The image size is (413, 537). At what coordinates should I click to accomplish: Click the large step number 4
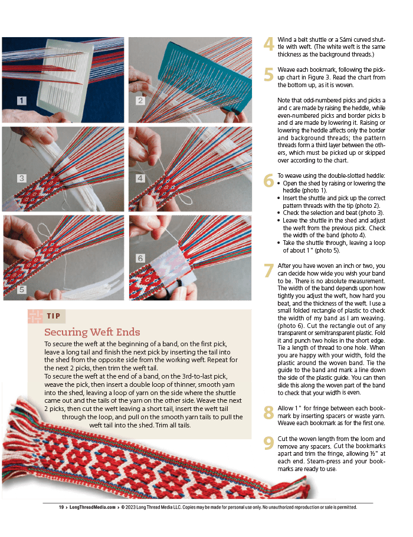pyautogui.click(x=268, y=44)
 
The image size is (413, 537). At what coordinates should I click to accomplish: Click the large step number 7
pyautogui.click(x=268, y=270)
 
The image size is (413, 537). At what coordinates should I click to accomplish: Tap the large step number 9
pyautogui.click(x=268, y=443)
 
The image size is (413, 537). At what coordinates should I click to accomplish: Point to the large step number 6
pyautogui.click(x=268, y=181)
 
